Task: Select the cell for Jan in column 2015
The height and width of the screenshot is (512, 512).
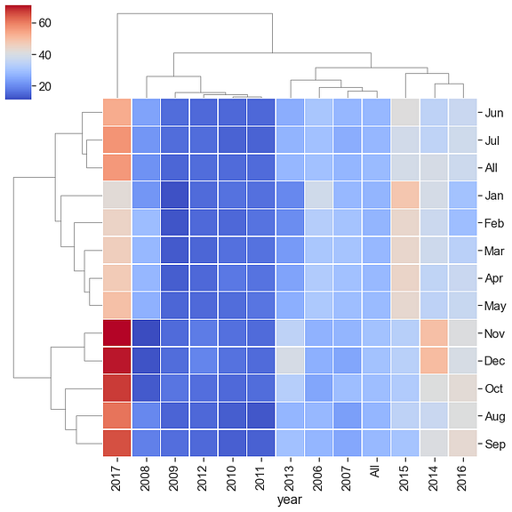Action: [x=404, y=195]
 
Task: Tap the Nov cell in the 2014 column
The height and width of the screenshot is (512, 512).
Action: [x=433, y=333]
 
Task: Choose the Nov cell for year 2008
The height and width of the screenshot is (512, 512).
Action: [x=146, y=333]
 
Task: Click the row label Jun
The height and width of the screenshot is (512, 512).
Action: [x=494, y=112]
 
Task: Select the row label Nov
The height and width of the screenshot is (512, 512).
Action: [x=495, y=333]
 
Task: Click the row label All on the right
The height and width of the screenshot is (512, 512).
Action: [x=492, y=167]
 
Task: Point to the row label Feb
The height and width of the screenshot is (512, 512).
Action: [x=495, y=222]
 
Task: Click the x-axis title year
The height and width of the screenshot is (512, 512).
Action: [x=290, y=501]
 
